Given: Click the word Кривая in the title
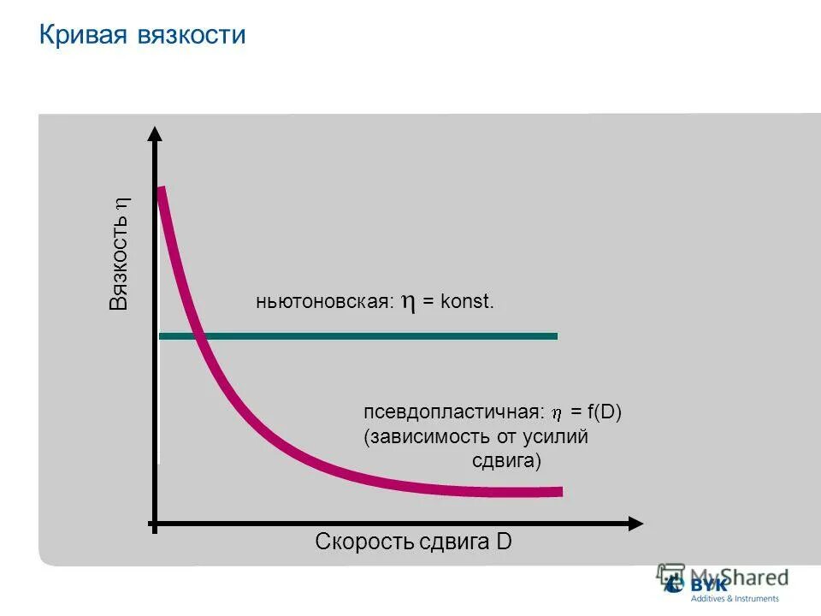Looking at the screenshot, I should pos(83,35).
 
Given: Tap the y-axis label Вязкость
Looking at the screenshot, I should pos(119,263).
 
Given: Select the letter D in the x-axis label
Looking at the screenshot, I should pos(504,542).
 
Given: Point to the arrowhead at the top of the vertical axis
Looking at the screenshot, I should pos(155,133).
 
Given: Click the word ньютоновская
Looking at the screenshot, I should pos(324,303).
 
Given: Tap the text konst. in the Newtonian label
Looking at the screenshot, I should pos(468,303).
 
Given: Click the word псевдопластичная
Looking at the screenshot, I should pos(453,412).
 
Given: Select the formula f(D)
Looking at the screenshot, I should pos(604,412).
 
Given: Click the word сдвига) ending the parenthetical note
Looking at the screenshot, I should pos(507,462).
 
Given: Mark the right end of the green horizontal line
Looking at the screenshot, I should pos(556,336).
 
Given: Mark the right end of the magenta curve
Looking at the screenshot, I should pos(560,491).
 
